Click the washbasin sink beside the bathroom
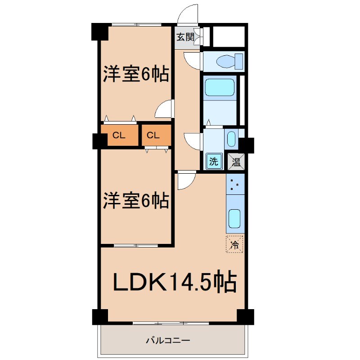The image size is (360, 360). point(231,139)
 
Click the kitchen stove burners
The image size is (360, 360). point(235,184)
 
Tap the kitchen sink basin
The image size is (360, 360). point(235,219)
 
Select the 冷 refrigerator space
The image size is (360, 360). point(234,244)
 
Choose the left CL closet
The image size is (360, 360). point(119,135)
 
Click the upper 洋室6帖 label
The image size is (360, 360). point(136,74)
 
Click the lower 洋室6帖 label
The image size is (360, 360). point(136,200)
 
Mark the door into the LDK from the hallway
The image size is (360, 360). point(186,181)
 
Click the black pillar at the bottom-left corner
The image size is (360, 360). point(100,316)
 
